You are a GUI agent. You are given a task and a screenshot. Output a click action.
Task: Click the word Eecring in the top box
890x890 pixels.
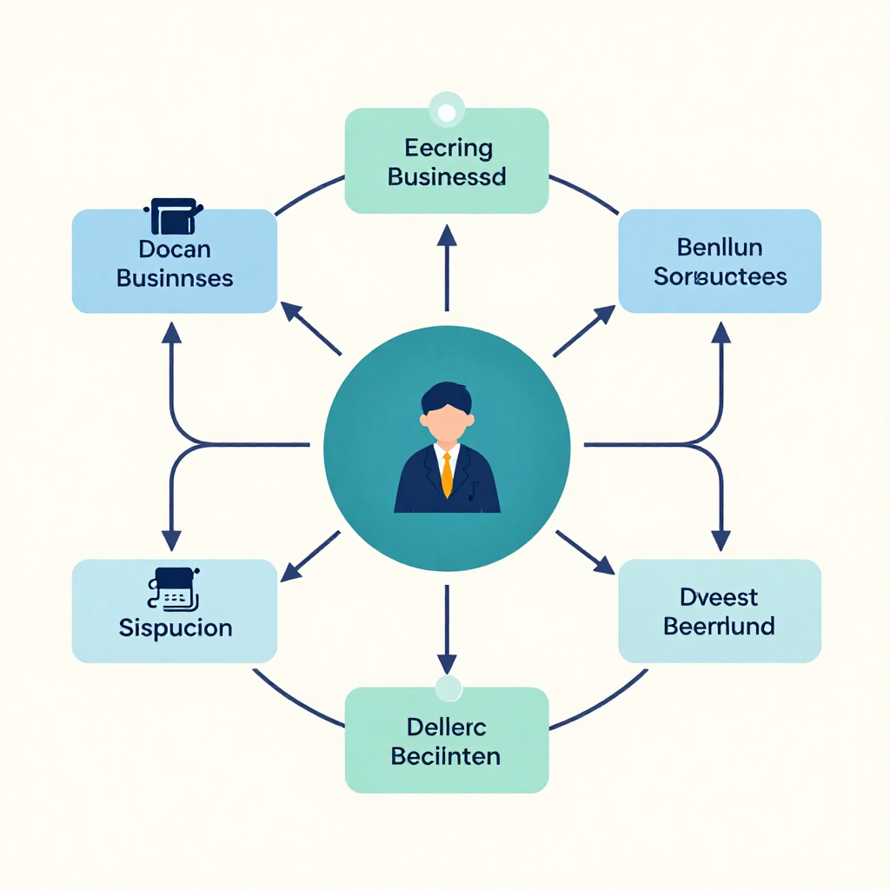click(448, 149)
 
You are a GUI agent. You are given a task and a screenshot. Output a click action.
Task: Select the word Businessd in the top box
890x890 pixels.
click(447, 177)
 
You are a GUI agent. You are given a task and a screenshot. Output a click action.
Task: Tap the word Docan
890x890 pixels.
click(175, 249)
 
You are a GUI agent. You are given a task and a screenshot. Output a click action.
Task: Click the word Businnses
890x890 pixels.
click(175, 278)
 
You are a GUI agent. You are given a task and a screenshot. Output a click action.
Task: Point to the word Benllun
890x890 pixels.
click(720, 248)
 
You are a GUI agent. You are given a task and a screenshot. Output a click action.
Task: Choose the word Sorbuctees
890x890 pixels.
click(720, 276)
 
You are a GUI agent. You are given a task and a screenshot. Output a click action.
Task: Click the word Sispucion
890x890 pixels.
click(175, 627)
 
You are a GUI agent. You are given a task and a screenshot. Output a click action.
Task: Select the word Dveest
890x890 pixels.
click(720, 597)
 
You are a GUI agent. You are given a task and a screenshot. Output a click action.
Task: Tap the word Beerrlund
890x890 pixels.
click(720, 626)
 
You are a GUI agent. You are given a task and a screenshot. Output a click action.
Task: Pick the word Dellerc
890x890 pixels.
click(447, 727)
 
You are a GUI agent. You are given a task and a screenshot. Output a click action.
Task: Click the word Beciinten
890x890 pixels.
click(447, 755)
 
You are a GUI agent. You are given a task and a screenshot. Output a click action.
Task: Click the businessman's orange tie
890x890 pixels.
click(447, 475)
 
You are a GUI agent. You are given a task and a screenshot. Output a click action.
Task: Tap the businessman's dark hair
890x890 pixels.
click(447, 397)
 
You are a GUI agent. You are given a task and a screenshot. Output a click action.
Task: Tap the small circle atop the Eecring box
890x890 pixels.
click(448, 111)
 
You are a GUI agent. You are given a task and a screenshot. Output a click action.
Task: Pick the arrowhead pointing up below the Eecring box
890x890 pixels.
click(447, 234)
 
